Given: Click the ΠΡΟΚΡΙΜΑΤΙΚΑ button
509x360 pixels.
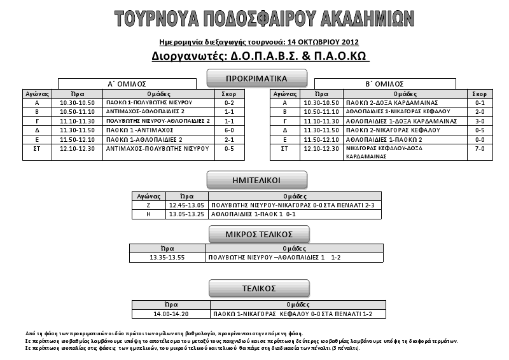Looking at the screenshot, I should [x=257, y=78].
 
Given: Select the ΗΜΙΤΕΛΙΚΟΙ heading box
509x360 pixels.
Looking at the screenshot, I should [x=257, y=179].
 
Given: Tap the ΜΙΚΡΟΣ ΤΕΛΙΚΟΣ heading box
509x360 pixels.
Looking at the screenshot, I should [x=259, y=233].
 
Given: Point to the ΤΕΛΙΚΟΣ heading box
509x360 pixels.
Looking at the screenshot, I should [x=258, y=288].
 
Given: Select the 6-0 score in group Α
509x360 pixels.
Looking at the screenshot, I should [x=229, y=130].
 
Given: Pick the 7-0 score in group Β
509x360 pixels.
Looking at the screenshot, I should [x=480, y=148].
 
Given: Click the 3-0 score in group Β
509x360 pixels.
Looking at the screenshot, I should [x=480, y=120].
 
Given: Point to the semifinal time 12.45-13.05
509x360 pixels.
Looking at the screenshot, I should [x=186, y=205].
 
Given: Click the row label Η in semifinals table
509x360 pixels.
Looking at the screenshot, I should [x=148, y=214].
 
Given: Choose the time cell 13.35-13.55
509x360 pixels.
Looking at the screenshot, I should [x=167, y=258].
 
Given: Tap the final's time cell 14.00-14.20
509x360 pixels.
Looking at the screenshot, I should [x=171, y=314].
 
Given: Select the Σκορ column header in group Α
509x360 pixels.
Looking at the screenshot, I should [x=229, y=93].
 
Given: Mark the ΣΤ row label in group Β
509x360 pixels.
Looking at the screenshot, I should [x=284, y=148].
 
